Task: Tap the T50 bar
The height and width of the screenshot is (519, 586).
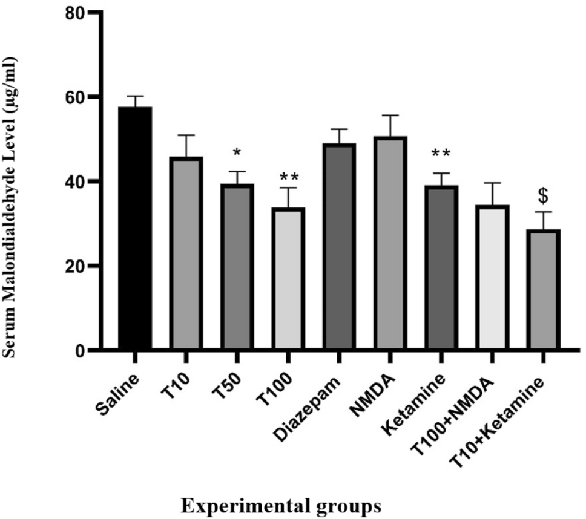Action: tap(237, 267)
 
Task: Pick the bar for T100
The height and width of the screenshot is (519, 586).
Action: tap(288, 278)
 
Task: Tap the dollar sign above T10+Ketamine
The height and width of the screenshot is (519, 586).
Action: tap(542, 195)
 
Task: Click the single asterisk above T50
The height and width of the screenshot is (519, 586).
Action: tap(237, 151)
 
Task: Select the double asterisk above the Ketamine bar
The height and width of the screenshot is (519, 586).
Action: tap(441, 154)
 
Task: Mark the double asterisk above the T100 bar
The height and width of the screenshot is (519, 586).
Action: tap(288, 178)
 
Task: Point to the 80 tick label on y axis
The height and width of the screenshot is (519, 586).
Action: tap(76, 13)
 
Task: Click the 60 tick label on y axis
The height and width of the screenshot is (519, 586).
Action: tap(76, 97)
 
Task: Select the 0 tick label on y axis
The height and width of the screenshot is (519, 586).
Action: tap(82, 351)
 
